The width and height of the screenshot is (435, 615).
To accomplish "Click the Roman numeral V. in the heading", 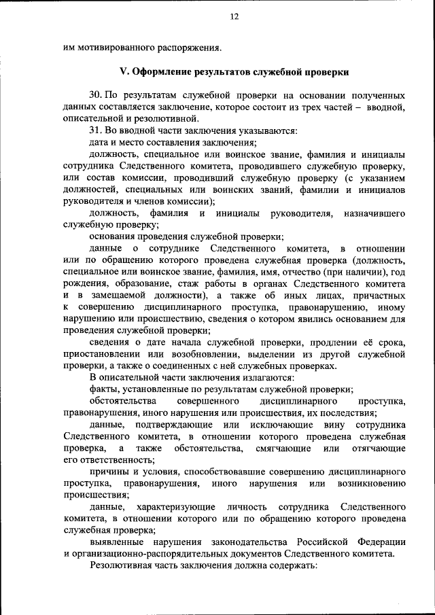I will (124, 72).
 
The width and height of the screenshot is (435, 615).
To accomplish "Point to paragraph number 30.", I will (96, 95).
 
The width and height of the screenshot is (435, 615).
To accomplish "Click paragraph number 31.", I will (96, 130).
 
